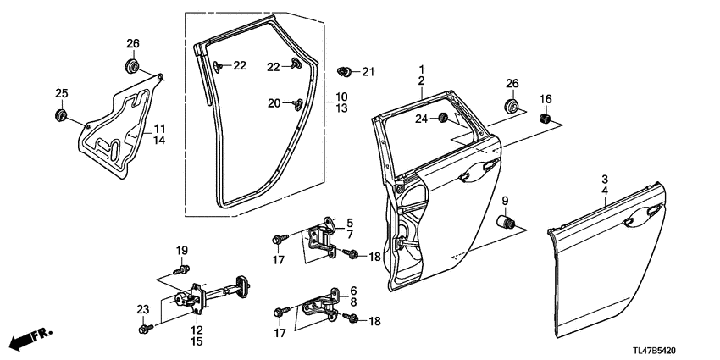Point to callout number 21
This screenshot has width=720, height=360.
pos(368,71)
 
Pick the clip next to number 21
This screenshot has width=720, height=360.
pos(345,70)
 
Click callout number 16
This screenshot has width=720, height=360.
pos(546,99)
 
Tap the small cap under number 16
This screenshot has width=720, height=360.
pos(546,118)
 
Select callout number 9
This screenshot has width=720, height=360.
pos(507,201)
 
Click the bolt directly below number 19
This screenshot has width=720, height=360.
pos(180,269)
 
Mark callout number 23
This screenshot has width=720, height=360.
pos(142,308)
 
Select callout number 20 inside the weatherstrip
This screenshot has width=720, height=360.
pos(274,103)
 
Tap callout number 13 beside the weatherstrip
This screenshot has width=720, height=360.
pos(341,109)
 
